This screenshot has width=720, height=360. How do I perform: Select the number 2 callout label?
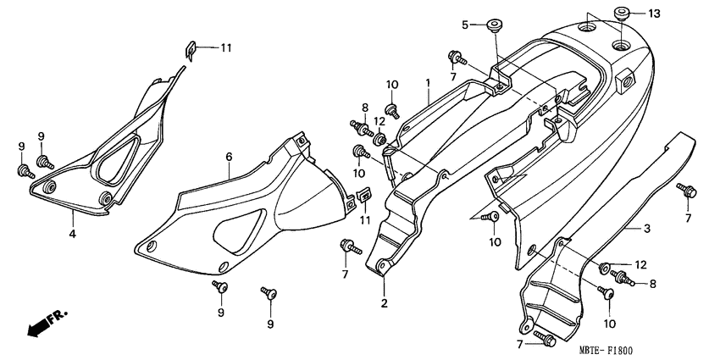[383, 302]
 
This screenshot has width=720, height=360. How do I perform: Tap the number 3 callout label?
[646, 229]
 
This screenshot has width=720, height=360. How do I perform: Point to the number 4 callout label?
[73, 233]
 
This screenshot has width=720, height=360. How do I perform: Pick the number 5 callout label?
[465, 25]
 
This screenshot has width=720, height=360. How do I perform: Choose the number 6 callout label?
[229, 157]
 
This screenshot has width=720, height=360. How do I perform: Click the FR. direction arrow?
[47, 324]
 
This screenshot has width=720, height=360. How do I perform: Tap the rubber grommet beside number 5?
[490, 23]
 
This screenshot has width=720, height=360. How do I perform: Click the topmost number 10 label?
[392, 84]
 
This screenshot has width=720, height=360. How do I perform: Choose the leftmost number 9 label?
[22, 147]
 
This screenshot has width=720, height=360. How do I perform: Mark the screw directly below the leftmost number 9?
[22, 171]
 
